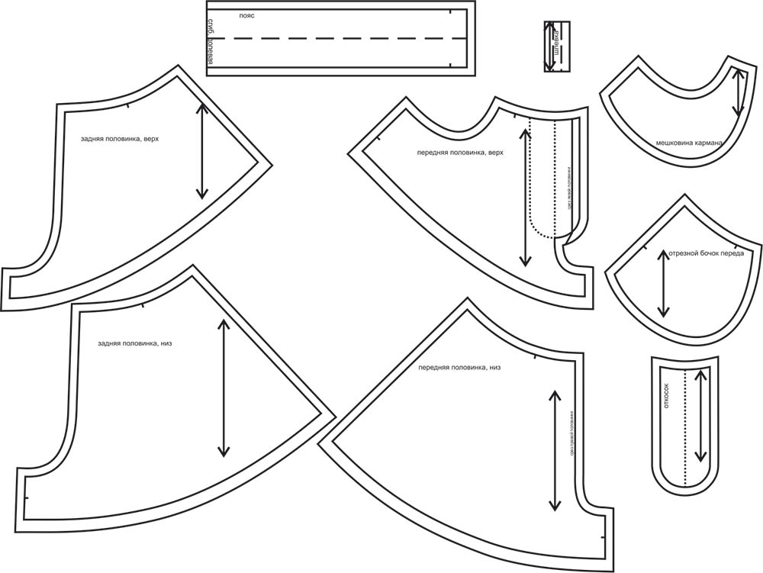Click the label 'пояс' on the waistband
pos(246,15)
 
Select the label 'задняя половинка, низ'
pos(134,343)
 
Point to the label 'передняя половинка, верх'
pos(460,153)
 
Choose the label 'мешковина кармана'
pos(688,142)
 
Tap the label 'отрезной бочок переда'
pos(706,253)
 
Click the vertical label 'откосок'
pos(666,395)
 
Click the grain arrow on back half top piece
pos(202,150)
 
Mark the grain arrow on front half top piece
pos(525,197)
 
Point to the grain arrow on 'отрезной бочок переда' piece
pos(663,282)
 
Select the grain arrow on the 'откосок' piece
pos(701,415)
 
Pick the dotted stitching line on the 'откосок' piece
pos(685,427)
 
